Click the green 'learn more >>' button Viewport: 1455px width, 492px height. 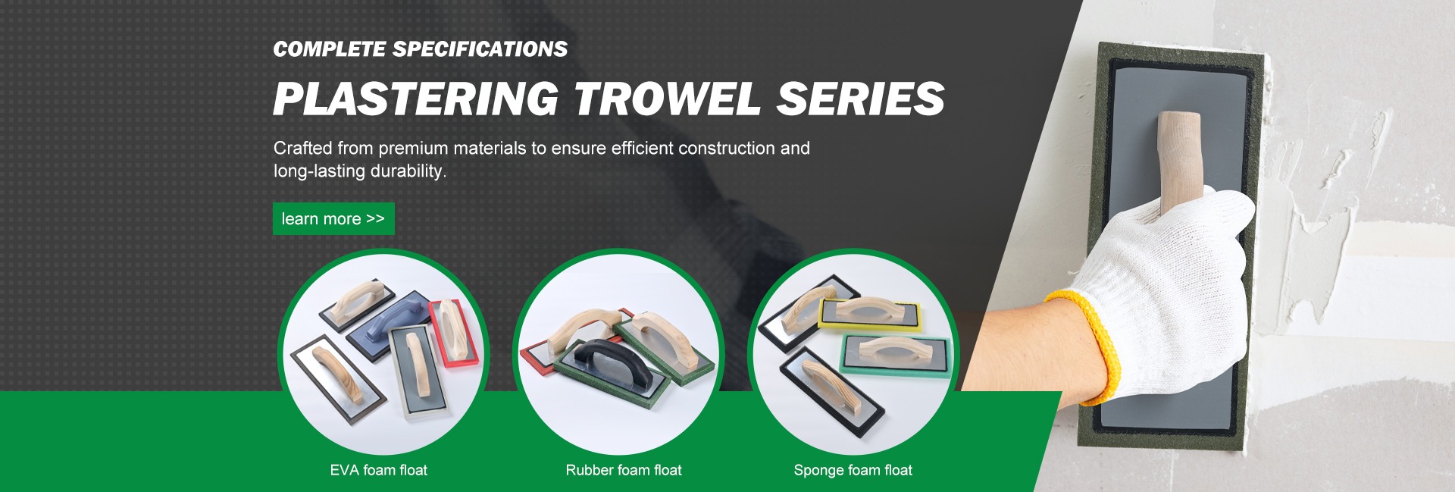pos(333,218)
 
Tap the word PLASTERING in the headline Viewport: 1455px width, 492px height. pos(416,99)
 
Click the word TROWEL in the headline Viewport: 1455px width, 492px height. pos(668,99)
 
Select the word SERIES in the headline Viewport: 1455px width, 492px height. pos(861,99)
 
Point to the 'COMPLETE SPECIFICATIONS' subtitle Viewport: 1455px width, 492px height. pos(420,49)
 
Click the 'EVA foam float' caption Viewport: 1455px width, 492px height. pos(378,470)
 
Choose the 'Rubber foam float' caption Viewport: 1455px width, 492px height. pos(624,470)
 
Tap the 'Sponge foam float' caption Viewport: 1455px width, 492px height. pos(853,470)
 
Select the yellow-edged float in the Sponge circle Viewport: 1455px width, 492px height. pos(871,313)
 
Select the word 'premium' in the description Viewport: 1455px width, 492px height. pos(413,149)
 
